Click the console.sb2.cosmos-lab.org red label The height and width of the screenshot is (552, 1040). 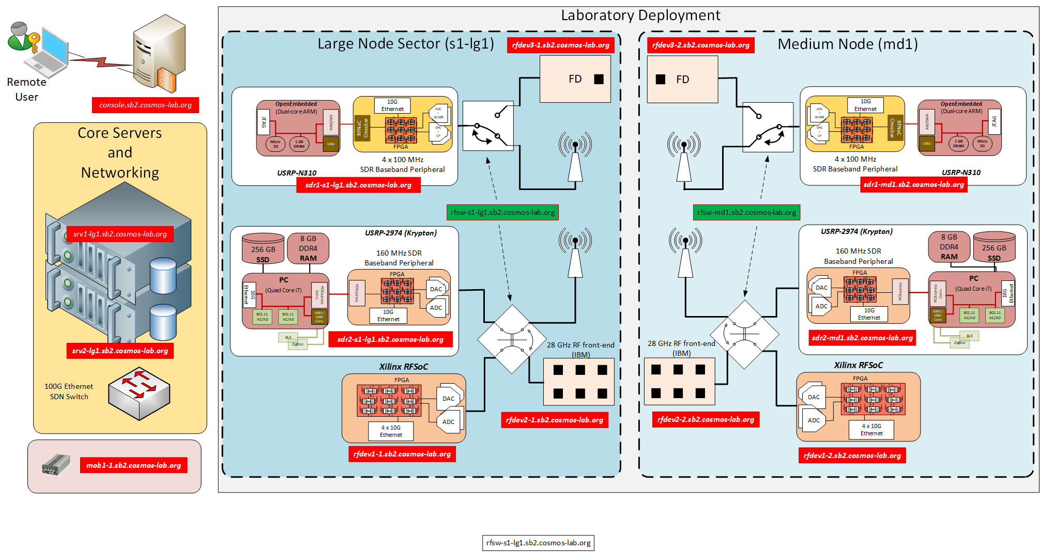pyautogui.click(x=145, y=105)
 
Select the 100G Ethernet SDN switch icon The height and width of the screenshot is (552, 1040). pyautogui.click(x=139, y=393)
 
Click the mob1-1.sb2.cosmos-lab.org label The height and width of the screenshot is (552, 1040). pyautogui.click(x=133, y=465)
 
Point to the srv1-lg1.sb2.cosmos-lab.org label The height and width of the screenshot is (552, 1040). pyautogui.click(x=120, y=234)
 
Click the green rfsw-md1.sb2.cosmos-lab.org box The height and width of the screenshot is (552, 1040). pyautogui.click(x=746, y=212)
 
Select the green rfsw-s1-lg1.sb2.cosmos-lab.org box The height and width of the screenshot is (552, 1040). pyautogui.click(x=502, y=212)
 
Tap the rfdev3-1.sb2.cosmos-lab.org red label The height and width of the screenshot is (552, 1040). pyautogui.click(x=560, y=45)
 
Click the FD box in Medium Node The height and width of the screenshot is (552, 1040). pyautogui.click(x=682, y=80)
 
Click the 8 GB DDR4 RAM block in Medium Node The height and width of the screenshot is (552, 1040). pyautogui.click(x=949, y=247)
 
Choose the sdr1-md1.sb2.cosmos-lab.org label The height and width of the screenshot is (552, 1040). pyautogui.click(x=913, y=184)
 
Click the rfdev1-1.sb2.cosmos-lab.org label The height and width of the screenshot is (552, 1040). pyautogui.click(x=402, y=454)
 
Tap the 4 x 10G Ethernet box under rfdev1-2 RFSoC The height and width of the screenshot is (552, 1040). pyautogui.click(x=871, y=430)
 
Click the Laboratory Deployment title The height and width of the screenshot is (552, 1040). pyautogui.click(x=640, y=15)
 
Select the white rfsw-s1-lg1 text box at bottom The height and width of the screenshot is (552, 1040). pyautogui.click(x=538, y=543)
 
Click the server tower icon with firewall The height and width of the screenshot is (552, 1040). pyautogui.click(x=159, y=54)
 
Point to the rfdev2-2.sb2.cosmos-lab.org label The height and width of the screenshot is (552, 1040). pyautogui.click(x=706, y=419)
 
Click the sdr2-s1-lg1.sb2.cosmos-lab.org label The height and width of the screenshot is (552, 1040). pyautogui.click(x=390, y=339)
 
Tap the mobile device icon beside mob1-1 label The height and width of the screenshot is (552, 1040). pyautogui.click(x=56, y=465)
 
